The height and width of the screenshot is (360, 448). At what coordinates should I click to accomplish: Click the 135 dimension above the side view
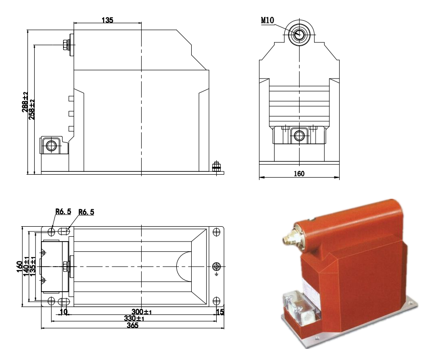click(x=107, y=20)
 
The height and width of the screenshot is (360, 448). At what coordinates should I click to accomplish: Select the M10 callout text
click(x=267, y=21)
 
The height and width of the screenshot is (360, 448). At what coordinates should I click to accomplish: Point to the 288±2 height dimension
click(x=25, y=102)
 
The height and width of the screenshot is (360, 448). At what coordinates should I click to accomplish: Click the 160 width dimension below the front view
click(x=299, y=174)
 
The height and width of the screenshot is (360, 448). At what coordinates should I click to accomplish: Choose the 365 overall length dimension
click(x=132, y=325)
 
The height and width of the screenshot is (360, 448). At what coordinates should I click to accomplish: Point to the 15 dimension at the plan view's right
click(x=221, y=312)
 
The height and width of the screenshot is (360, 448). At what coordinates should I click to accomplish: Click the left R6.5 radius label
click(x=63, y=211)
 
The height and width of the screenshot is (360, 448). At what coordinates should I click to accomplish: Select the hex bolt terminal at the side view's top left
click(x=66, y=46)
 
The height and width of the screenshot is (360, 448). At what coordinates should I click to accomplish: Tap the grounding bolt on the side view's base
click(x=216, y=167)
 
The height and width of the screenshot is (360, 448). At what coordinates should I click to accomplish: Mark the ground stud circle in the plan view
click(x=216, y=266)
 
